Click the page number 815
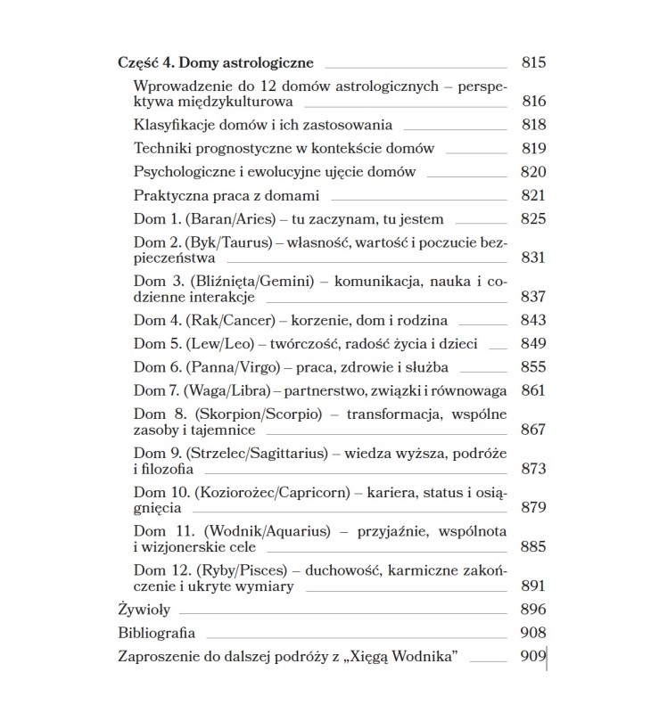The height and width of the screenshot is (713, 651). pyautogui.click(x=532, y=63)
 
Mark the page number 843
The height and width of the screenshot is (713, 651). pyautogui.click(x=532, y=320)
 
